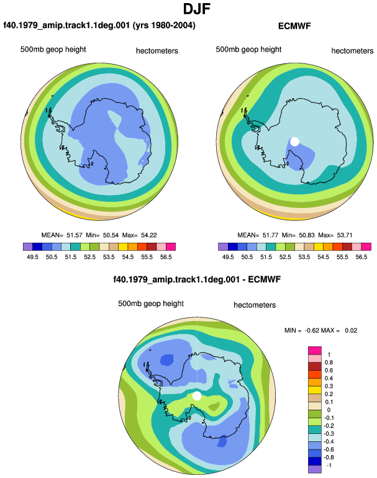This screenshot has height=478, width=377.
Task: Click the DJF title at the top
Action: (x=197, y=9)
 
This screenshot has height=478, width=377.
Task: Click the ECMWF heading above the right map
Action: (x=294, y=26)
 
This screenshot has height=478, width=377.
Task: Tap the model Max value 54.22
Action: (x=149, y=235)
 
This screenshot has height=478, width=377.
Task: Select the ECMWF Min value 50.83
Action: (x=306, y=235)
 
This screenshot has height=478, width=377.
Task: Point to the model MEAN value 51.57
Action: (x=75, y=235)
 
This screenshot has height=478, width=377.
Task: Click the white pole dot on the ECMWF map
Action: (x=294, y=142)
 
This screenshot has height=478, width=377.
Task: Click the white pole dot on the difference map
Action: (x=197, y=396)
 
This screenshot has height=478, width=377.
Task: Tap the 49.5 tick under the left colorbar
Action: (x=32, y=257)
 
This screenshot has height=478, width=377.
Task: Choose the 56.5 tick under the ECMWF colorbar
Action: (x=361, y=257)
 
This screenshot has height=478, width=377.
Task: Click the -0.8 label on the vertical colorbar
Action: (x=329, y=458)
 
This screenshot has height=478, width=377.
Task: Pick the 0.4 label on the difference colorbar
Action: (x=329, y=378)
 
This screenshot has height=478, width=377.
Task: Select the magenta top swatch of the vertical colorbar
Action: (x=315, y=350)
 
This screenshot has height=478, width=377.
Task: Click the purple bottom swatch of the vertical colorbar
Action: (x=315, y=469)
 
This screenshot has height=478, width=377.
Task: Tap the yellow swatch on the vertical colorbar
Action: (x=315, y=390)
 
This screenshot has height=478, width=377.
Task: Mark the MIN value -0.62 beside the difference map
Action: (x=312, y=330)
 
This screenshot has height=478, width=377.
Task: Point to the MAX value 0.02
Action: (x=351, y=330)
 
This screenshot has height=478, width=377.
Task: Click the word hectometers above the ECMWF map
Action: (x=352, y=51)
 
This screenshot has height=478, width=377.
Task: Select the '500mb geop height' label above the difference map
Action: (x=151, y=304)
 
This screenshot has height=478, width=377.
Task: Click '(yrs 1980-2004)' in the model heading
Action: (x=164, y=25)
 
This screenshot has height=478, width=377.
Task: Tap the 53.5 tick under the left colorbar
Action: (x=109, y=257)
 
